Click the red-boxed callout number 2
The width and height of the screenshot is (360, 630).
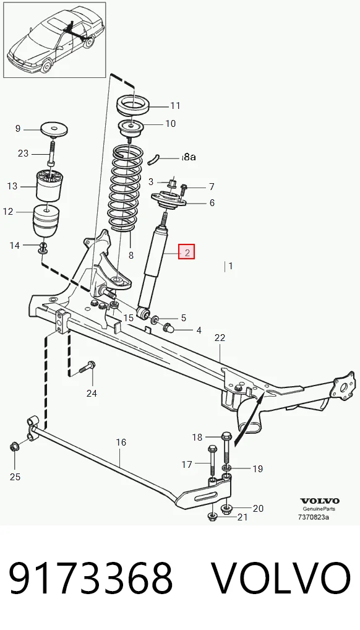tap(187, 252)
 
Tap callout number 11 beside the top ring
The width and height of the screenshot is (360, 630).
tap(175, 106)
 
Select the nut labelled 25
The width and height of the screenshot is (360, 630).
tap(14, 446)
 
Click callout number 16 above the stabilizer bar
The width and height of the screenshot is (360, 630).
tap(121, 442)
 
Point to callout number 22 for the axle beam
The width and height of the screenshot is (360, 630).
tap(220, 338)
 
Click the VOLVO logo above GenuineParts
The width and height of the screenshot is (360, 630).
tap(320, 501)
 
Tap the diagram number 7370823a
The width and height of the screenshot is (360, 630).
tap(314, 517)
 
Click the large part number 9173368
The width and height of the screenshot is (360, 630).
tap(91, 578)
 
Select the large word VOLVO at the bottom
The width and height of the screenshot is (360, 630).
tap(281, 578)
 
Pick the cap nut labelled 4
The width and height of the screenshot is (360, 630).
tap(169, 327)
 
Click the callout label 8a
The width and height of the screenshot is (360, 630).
tap(189, 157)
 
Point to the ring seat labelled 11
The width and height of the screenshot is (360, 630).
tap(133, 105)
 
